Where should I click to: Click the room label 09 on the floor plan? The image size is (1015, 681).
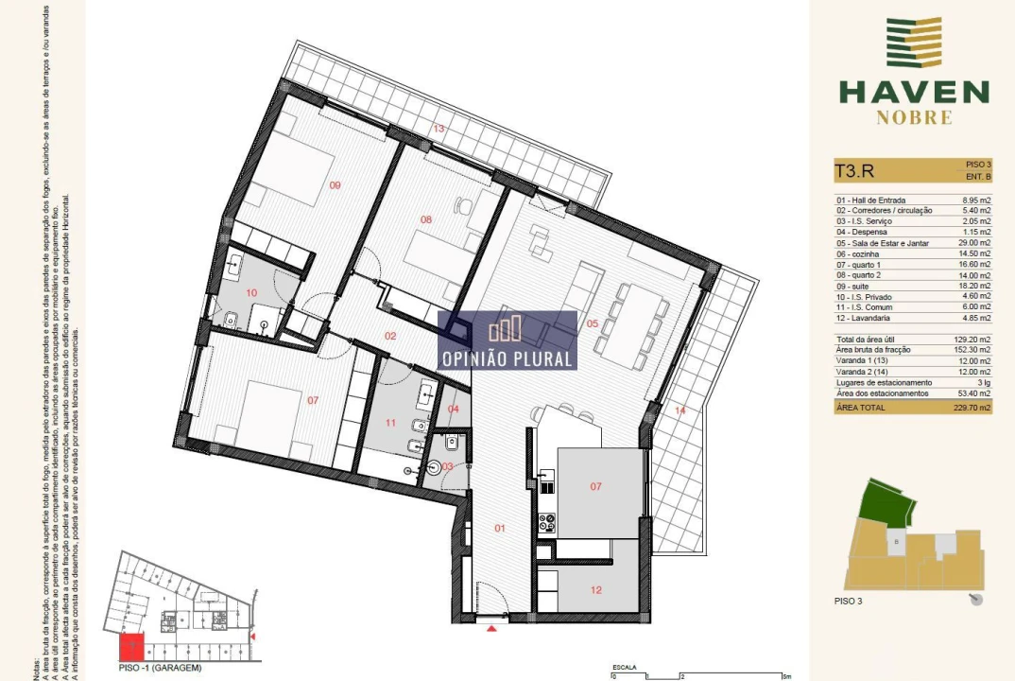(335, 185)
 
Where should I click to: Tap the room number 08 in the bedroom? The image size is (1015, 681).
(426, 219)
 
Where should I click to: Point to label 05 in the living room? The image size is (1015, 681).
(593, 323)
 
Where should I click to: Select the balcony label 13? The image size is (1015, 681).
(438, 128)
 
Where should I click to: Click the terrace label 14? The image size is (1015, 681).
(680, 410)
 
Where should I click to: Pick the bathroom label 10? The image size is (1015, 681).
(251, 293)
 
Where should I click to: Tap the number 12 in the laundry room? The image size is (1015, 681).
(595, 590)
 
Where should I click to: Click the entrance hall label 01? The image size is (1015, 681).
(501, 528)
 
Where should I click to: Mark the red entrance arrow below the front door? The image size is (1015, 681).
(490, 627)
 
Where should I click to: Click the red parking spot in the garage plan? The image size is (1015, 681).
(131, 648)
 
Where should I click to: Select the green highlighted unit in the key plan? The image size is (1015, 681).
(887, 501)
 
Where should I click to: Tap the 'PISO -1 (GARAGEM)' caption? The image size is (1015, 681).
(161, 668)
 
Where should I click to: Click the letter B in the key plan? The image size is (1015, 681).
(894, 542)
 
